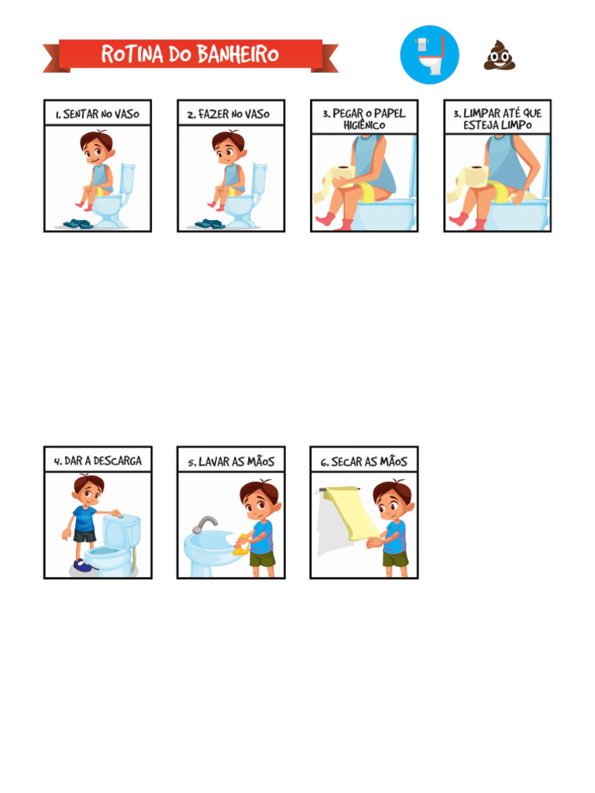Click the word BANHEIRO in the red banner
238,54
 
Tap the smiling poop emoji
500,55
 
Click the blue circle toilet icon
429,55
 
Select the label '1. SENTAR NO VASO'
98,115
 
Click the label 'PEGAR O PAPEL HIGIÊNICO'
364,118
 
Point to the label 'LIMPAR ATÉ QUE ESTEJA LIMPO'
497,118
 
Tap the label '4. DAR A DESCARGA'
98,461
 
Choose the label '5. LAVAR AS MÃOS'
231,462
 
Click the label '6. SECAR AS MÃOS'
364,462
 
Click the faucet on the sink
204,524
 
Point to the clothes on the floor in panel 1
77,224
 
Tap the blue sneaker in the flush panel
84,565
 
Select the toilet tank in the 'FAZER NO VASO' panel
259,178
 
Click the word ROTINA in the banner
132,54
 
